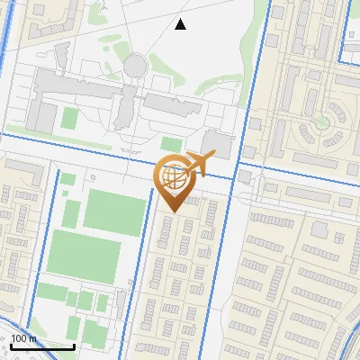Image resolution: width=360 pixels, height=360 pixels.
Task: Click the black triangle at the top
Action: pos(181,24)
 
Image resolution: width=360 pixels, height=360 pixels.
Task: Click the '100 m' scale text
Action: pos(24,338)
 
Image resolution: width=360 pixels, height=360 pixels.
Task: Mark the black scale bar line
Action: pos(42,346)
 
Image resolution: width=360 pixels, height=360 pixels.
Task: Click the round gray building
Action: pos(135,65)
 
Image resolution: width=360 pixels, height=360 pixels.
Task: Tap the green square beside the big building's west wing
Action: pos(69,118)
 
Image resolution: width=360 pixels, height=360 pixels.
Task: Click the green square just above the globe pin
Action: pos(171,144)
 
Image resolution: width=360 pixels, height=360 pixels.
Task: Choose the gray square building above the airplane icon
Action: pos(217,143)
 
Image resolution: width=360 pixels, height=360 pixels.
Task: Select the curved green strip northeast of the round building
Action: pos(165,65)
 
